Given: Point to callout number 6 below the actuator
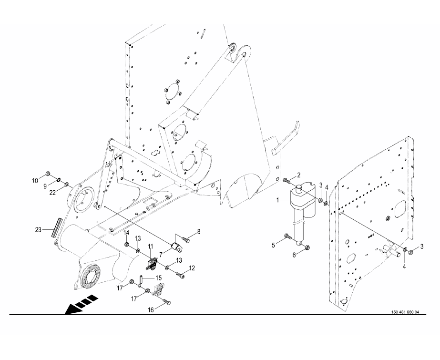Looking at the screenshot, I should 294,255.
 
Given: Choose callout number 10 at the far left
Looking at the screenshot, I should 35,180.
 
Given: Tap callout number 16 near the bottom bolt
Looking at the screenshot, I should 151,309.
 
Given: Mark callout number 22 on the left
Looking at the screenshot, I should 53,192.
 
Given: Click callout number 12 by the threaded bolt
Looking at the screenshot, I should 192,268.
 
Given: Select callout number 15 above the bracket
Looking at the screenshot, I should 159,277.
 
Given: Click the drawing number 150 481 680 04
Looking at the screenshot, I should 405,312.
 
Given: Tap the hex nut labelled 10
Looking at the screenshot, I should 48,173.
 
